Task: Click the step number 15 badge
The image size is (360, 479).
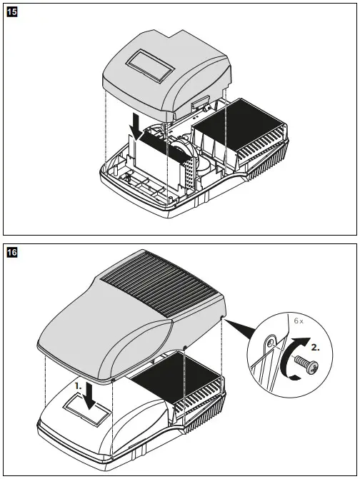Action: pos(11,11)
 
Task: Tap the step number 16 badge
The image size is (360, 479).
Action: pos(11,252)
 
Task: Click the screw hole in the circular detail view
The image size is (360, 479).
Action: pos(270,343)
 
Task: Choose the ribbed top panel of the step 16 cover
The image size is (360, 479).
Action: pos(160,286)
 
